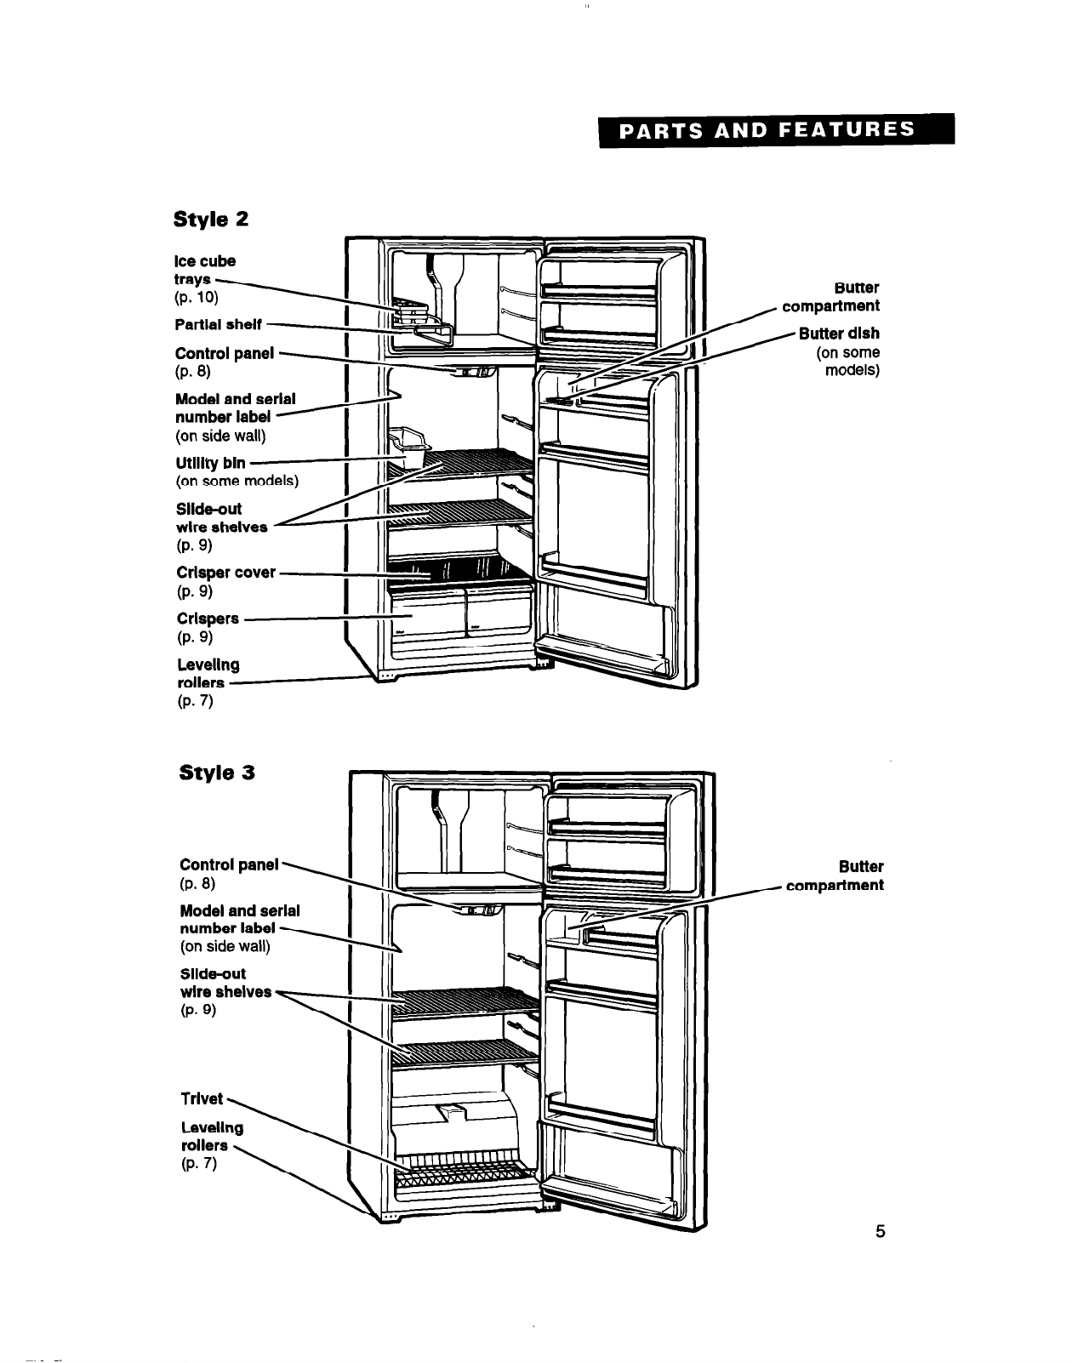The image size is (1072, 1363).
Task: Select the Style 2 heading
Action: tap(211, 220)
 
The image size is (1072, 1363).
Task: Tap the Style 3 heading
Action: tap(217, 773)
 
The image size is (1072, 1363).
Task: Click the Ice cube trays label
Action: tap(205, 270)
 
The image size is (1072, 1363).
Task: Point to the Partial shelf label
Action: tap(219, 324)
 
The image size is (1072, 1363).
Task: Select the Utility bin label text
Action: tap(210, 463)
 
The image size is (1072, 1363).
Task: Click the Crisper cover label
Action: tap(225, 573)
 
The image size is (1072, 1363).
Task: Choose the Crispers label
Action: tap(208, 619)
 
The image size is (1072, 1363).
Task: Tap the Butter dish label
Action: tap(839, 333)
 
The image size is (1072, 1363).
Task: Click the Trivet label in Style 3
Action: tap(202, 1098)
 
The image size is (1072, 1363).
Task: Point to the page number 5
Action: tap(881, 1231)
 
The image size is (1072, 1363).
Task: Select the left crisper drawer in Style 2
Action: tap(425, 615)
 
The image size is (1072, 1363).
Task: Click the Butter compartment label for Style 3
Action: tap(835, 876)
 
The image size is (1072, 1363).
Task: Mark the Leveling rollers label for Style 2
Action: tap(208, 674)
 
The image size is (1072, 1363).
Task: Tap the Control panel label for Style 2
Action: tap(225, 353)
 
